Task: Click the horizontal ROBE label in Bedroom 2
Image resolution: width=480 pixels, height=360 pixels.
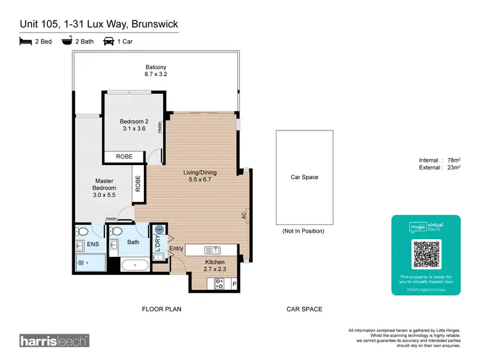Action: point(125,157)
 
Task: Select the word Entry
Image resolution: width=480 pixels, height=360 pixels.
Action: point(176,249)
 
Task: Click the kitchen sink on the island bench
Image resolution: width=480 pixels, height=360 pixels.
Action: point(212,249)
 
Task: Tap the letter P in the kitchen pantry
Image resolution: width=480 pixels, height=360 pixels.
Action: point(234,284)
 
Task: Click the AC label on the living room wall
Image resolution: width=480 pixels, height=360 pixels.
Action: point(244,216)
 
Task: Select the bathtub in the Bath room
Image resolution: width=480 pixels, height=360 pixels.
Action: point(133,266)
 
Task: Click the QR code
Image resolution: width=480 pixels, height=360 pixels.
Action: point(426,254)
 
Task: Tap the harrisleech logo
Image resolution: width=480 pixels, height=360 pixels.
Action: point(54,340)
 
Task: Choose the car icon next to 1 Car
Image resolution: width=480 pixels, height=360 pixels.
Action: point(109,42)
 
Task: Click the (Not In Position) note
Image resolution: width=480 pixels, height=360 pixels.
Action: point(303,231)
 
